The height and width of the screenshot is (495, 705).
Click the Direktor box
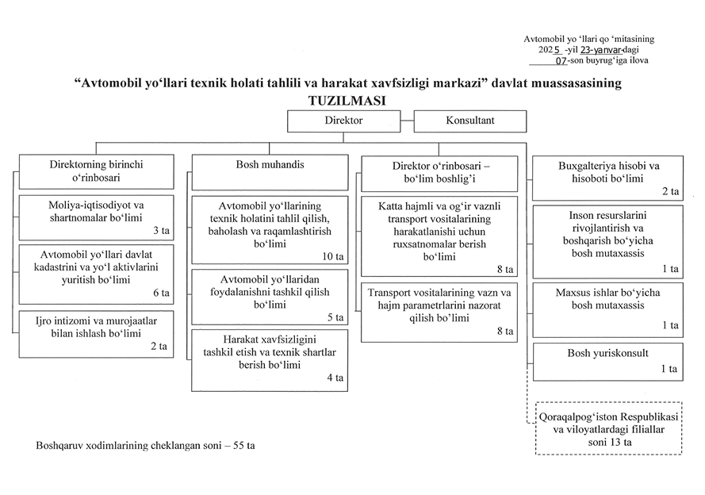[x=344, y=121]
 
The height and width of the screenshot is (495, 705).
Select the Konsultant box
[x=470, y=121]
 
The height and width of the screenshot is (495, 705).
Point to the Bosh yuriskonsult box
[x=608, y=359]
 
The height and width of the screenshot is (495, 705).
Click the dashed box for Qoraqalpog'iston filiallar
[x=608, y=428]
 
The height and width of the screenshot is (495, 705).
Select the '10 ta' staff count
[x=334, y=257]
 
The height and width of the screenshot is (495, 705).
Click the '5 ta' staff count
[x=335, y=317]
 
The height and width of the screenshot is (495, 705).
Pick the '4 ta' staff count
[x=335, y=378]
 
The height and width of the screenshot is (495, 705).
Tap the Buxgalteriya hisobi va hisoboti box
[x=608, y=178]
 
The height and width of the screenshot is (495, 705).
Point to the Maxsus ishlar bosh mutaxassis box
[x=608, y=306]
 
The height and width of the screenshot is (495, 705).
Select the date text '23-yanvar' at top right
[x=601, y=49]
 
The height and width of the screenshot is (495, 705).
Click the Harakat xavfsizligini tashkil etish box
[x=270, y=360]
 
